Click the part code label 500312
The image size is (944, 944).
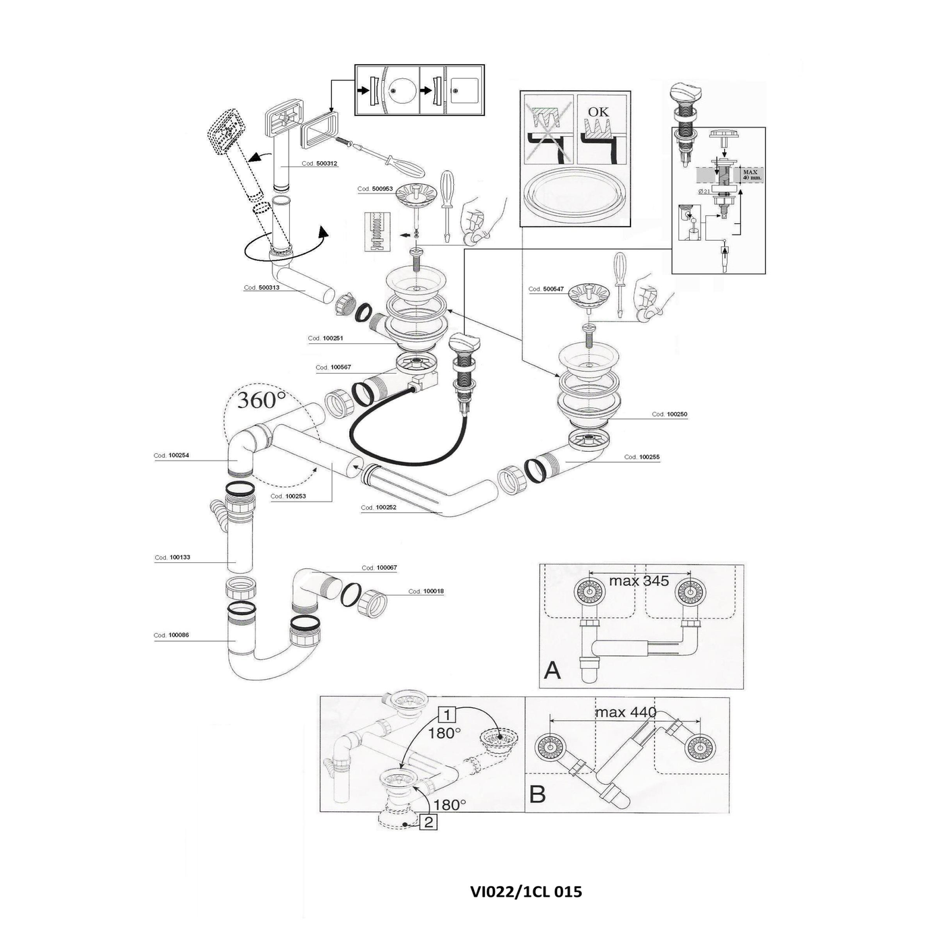pos(320,164)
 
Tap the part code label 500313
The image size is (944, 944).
pos(262,288)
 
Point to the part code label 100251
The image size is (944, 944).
pos(326,338)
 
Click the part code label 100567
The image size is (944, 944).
pos(333,367)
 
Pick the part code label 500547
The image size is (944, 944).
pos(545,289)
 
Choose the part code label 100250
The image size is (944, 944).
pos(670,415)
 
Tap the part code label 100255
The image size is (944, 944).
pos(642,457)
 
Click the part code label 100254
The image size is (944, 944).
pos(171,456)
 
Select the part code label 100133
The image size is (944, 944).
pos(173,558)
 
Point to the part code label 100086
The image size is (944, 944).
pos(171,635)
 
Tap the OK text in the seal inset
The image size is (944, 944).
pos(597,111)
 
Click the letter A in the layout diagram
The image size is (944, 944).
pos(552,670)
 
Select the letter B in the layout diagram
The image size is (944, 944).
pos(537,794)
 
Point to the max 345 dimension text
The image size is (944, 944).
pos(639,581)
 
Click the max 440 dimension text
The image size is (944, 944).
pos(626,712)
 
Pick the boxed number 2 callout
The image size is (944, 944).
pos(429,822)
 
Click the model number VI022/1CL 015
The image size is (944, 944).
pos(526,891)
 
